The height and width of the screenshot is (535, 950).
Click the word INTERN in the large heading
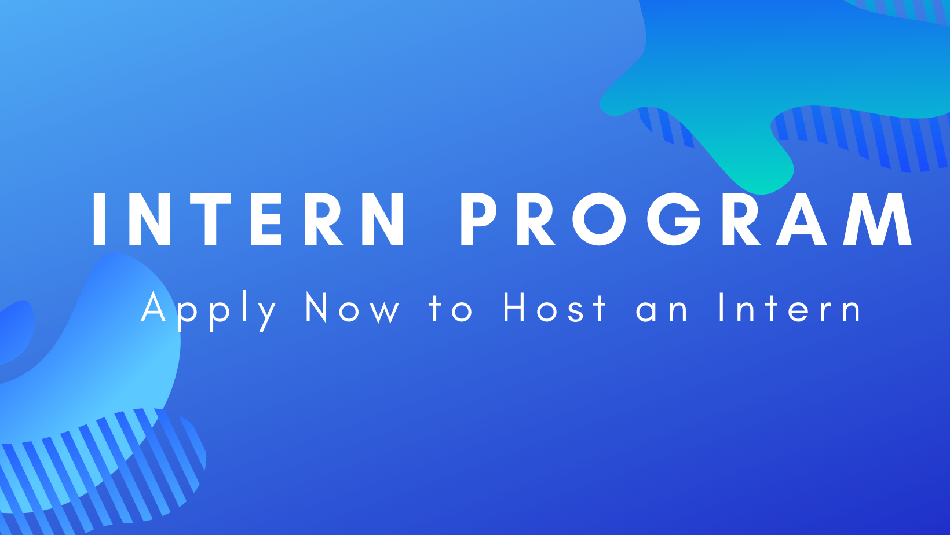[x=248, y=219]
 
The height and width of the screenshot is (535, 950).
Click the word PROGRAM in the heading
[x=686, y=219]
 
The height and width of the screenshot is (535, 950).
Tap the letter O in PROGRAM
[x=600, y=219]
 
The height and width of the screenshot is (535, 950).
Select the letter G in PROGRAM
[x=674, y=219]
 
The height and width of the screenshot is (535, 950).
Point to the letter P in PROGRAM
[x=478, y=219]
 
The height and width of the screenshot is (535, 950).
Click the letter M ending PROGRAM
[x=877, y=219]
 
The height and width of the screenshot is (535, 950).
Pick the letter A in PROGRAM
[x=801, y=219]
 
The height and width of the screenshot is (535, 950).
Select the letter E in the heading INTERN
[x=266, y=219]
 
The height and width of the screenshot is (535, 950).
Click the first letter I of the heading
[x=99, y=219]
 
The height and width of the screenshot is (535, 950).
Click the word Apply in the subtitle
[x=209, y=311]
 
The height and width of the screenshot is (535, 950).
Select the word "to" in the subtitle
[x=451, y=309]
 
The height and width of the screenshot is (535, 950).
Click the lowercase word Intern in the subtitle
[x=790, y=307]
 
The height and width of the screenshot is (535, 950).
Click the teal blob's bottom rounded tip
[x=763, y=189]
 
